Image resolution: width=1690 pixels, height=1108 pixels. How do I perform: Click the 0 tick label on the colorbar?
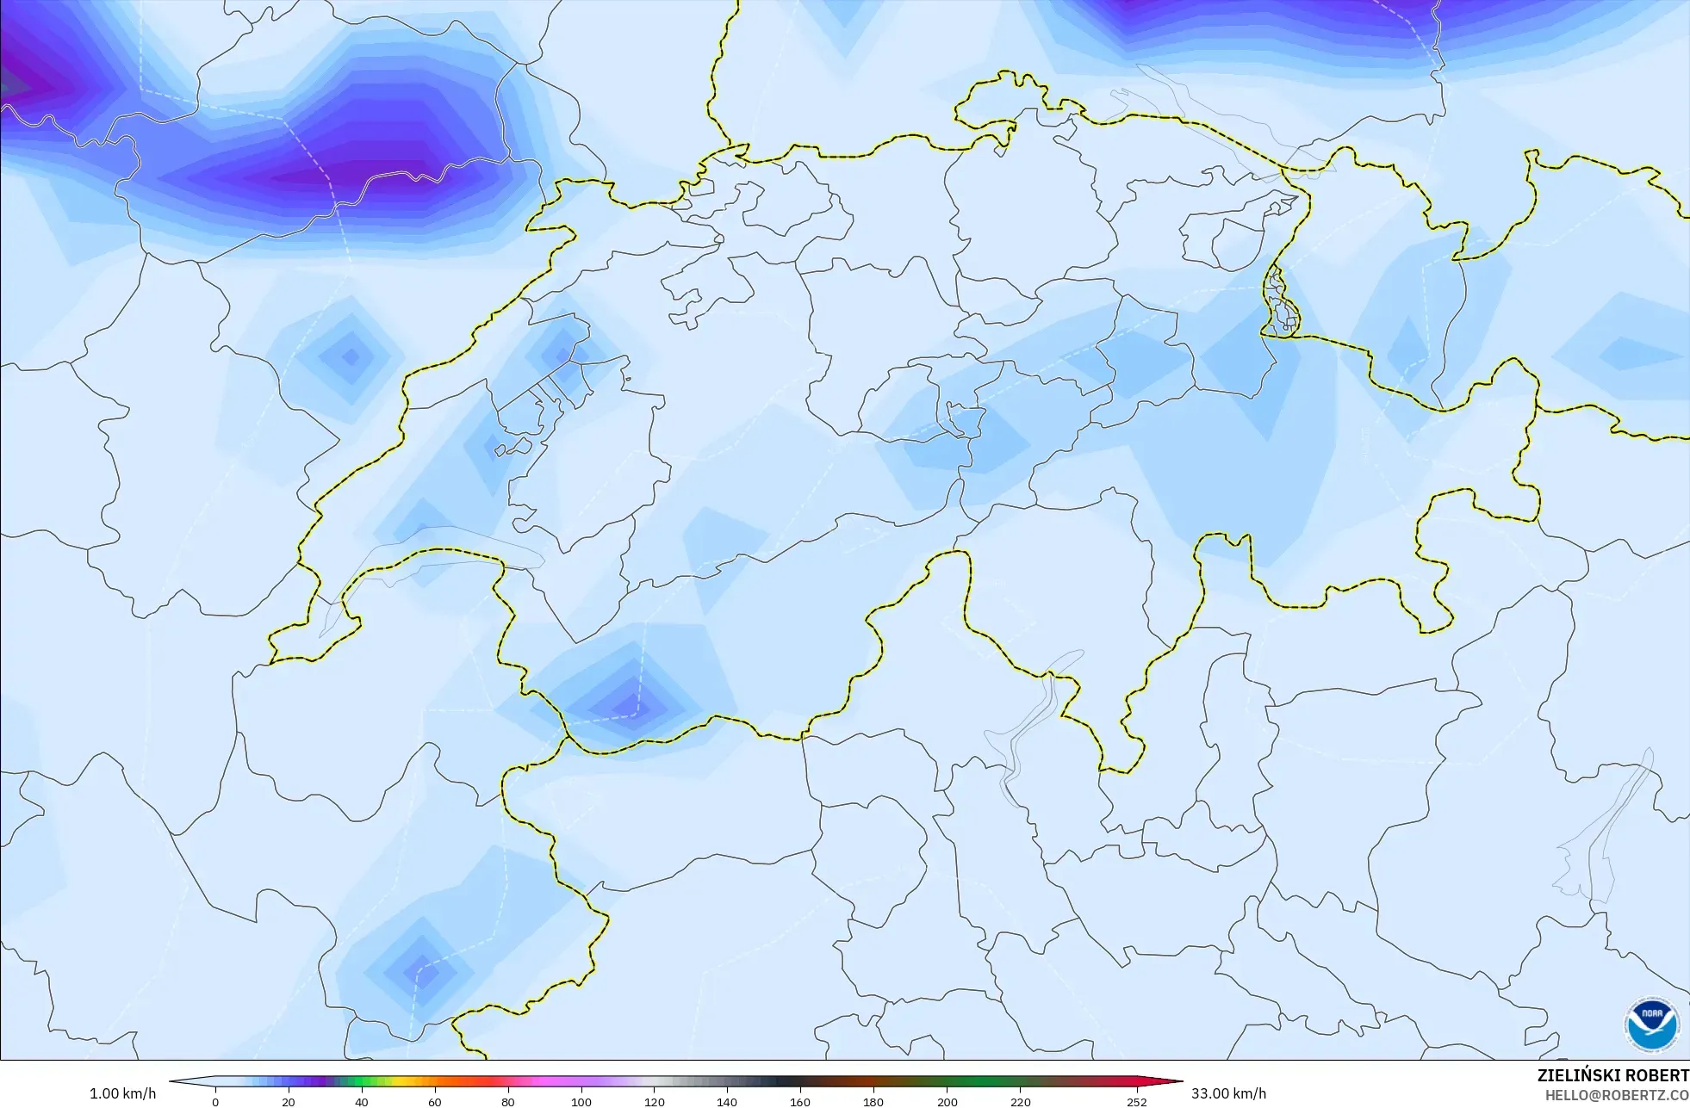click(215, 1101)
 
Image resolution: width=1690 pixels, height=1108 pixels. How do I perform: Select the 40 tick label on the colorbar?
click(362, 1101)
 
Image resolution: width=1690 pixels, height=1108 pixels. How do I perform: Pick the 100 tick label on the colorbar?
click(581, 1101)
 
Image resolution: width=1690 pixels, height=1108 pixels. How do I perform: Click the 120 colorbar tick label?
click(655, 1101)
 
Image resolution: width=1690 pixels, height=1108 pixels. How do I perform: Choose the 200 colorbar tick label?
click(947, 1101)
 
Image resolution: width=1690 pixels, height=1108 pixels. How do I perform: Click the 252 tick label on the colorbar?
click(1137, 1101)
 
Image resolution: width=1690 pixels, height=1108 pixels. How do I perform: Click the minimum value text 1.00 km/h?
click(123, 1093)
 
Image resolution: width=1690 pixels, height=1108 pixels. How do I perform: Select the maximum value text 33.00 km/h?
click(1228, 1093)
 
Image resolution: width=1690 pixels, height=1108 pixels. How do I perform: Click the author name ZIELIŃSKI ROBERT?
click(1612, 1075)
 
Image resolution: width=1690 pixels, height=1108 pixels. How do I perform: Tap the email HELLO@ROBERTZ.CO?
click(1617, 1095)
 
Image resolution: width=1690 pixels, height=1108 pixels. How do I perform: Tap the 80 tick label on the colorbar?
click(508, 1101)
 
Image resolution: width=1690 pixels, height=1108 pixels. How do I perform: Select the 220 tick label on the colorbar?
click(1020, 1101)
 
